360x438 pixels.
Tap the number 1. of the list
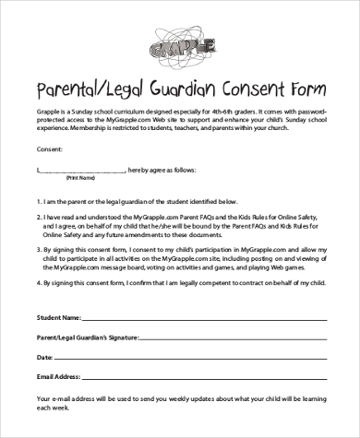pos(39,200)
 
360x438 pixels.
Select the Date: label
pos(45,356)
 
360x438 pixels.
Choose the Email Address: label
pos(63,376)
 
